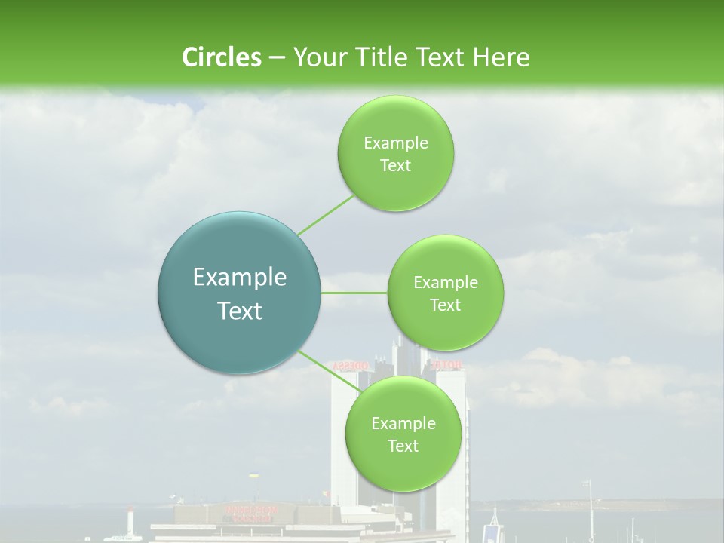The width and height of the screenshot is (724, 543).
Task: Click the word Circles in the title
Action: [221, 57]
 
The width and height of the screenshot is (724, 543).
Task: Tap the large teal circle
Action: [240, 293]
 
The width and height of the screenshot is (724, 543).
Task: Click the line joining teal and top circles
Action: [326, 214]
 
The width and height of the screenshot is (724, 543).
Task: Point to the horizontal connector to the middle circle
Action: [354, 293]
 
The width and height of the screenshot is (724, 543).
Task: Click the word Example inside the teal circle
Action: [240, 278]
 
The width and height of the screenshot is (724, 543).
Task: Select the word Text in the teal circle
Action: [240, 311]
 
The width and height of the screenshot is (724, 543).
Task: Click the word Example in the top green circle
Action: [395, 143]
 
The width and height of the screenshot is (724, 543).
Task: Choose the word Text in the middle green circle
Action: [445, 305]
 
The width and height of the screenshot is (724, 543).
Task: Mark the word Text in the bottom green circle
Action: [403, 446]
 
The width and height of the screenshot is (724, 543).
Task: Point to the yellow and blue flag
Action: [253, 476]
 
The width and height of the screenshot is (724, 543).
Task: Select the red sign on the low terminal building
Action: [250, 514]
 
